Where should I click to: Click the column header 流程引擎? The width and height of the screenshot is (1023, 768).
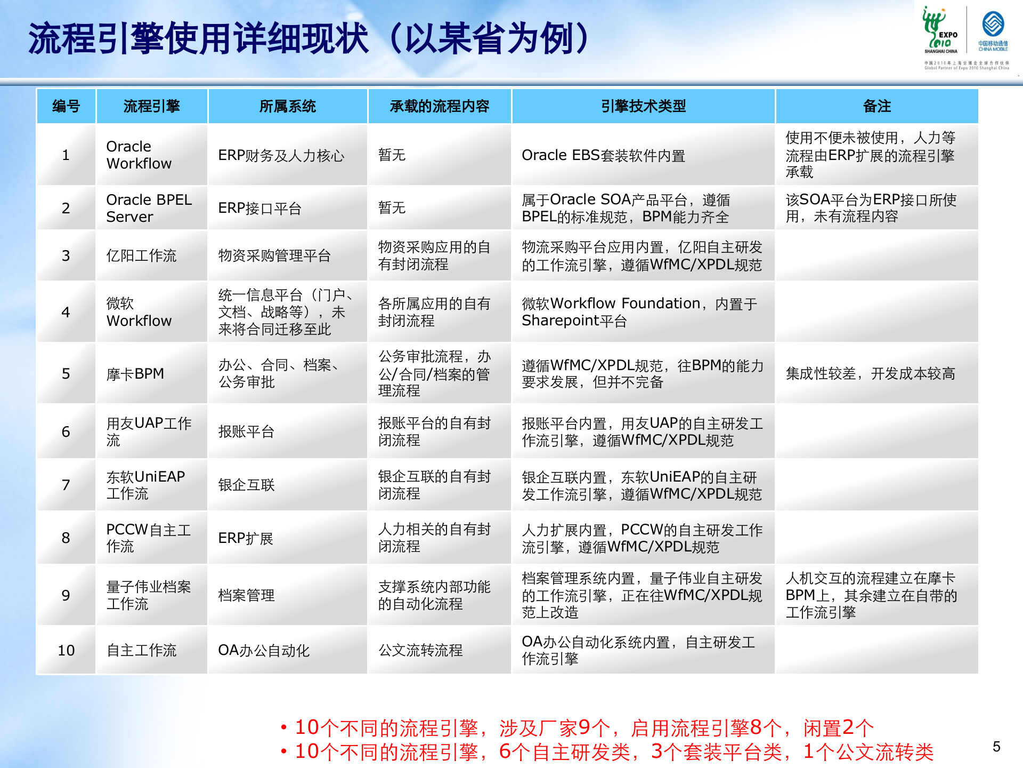point(151,106)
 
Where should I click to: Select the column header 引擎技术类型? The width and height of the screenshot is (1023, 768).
point(643,106)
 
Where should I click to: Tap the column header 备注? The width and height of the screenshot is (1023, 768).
point(876,106)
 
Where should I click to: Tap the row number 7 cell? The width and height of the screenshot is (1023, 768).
point(66,485)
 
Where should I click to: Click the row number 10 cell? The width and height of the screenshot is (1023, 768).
point(66,650)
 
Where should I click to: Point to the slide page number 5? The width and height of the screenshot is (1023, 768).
point(996,747)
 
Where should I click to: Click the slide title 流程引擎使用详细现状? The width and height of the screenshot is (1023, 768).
point(309,39)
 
